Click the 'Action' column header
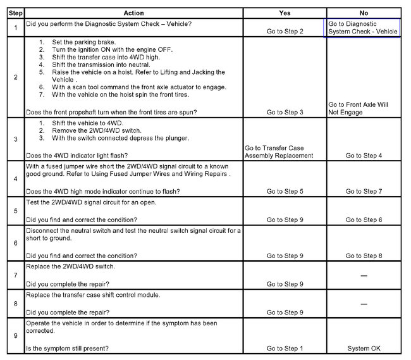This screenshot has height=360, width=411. tap(133, 13)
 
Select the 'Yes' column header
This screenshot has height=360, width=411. tap(285, 13)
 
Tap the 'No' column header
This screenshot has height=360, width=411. tap(363, 13)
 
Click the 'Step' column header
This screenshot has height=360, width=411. tap(15, 13)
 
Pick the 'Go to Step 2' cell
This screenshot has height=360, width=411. tap(285, 31)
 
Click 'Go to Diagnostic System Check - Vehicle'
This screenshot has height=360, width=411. tap(363, 28)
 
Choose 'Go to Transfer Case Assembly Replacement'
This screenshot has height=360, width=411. tap(279, 152)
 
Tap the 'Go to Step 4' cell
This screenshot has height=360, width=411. tap(363, 155)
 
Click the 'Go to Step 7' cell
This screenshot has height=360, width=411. tap(363, 191)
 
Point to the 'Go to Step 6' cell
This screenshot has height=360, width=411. tap(363, 220)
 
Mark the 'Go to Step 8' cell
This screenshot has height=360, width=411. tap(363, 256)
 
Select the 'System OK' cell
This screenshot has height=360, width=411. tap(363, 349)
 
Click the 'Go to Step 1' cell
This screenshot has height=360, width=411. tap(285, 349)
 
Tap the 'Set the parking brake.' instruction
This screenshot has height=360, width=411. tap(79, 42)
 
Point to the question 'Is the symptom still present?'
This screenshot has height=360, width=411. tap(66, 349)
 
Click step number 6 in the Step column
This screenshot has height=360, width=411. tap(15, 243)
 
